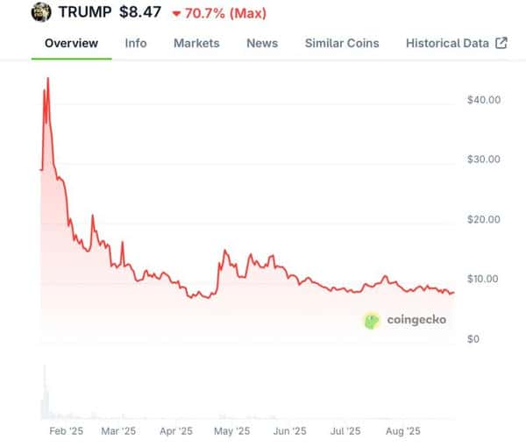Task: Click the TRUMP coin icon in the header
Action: (41, 13)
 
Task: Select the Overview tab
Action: (71, 43)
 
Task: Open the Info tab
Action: (136, 43)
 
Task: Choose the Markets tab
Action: (196, 43)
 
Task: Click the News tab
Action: (262, 43)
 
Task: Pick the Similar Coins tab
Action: (342, 43)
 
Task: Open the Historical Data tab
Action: (447, 43)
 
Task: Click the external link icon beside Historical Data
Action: (501, 43)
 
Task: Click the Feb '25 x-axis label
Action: (65, 431)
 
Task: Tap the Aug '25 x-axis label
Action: (404, 431)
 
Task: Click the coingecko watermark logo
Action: (404, 320)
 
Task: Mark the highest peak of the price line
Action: (47, 78)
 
